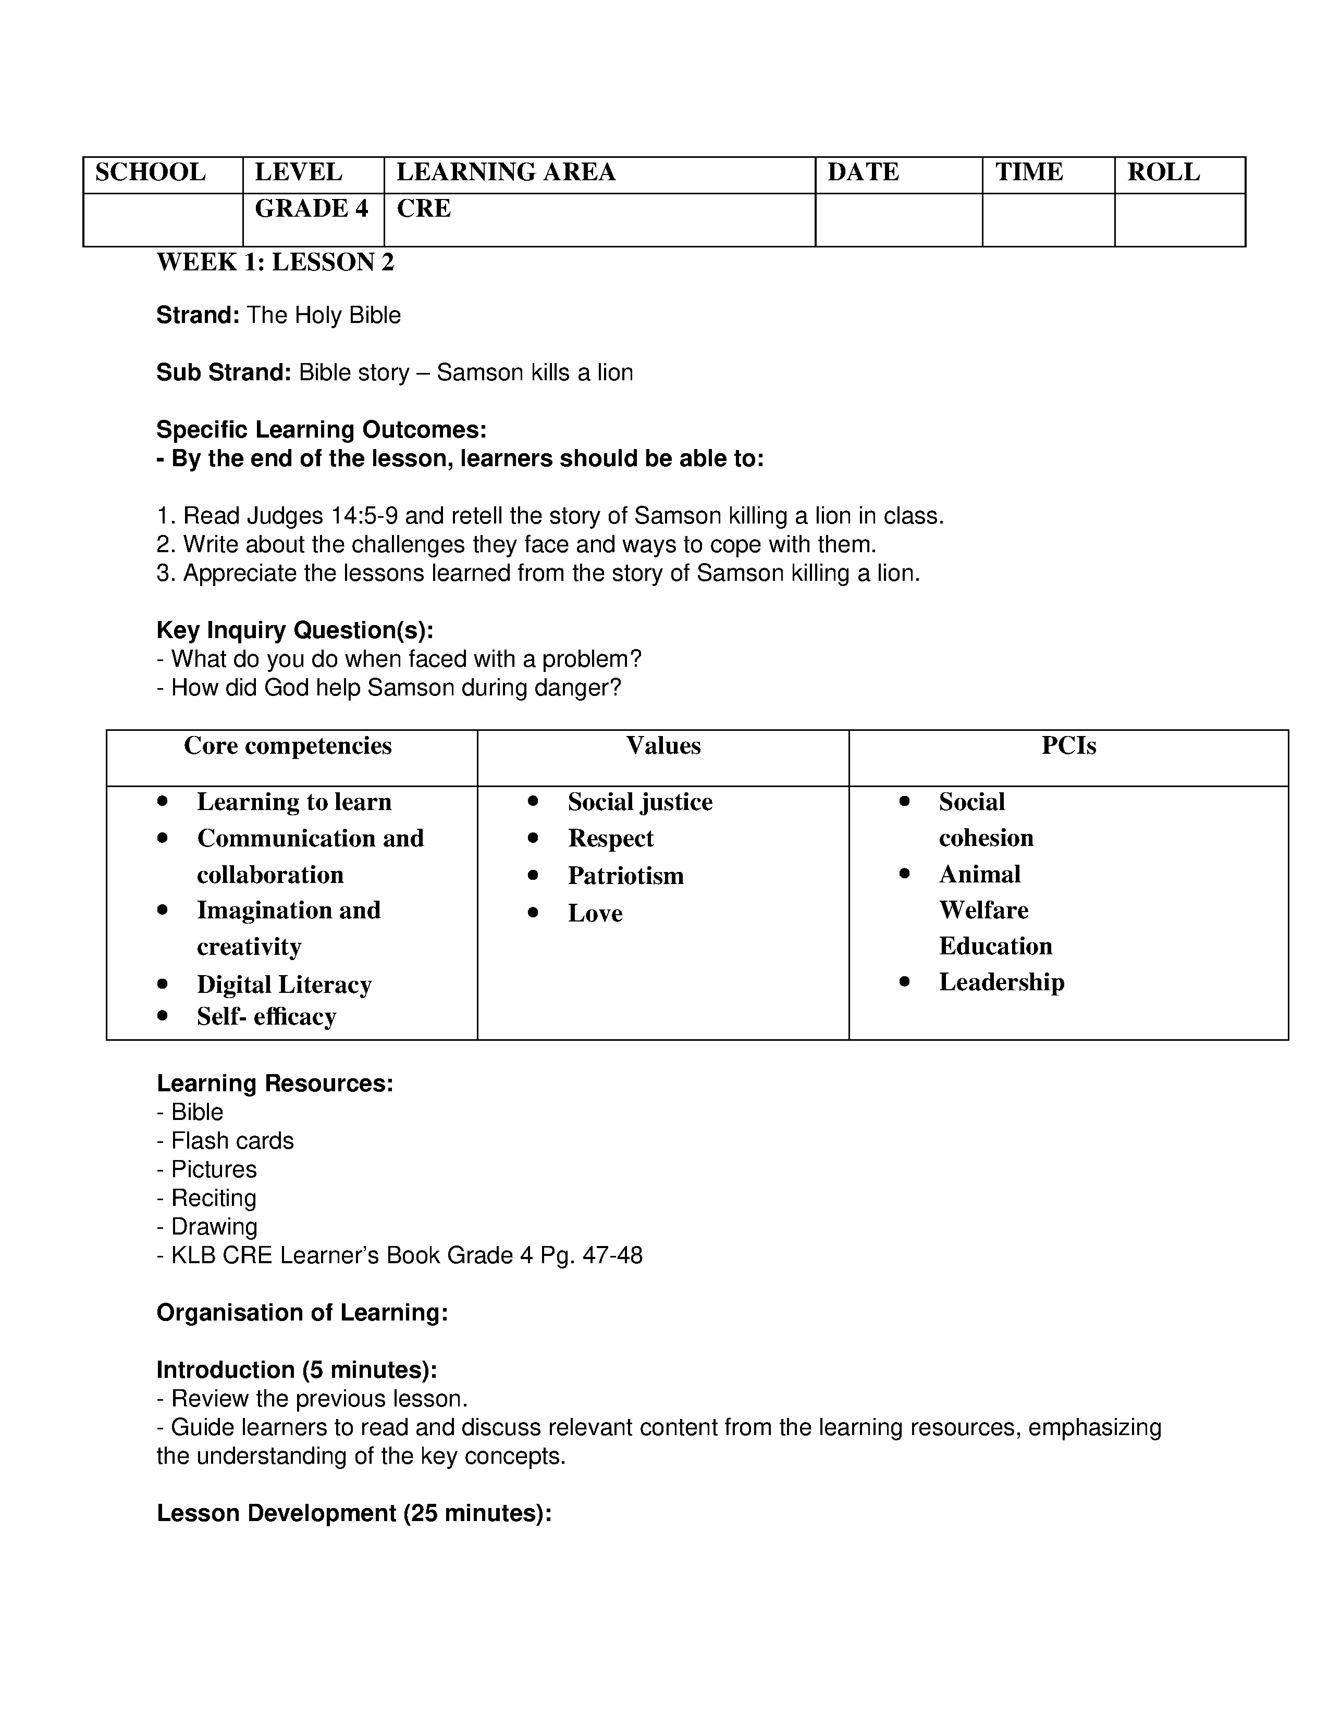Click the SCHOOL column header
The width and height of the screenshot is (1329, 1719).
coord(151,172)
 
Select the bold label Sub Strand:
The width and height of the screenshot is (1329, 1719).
coord(224,372)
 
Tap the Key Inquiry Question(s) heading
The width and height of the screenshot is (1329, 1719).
coord(294,630)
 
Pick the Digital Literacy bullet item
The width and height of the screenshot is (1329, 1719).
coord(284,985)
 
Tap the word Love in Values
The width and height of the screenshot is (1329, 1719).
coord(595,914)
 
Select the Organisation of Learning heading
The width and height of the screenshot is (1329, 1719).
coord(302,1313)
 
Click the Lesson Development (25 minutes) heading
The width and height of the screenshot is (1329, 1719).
coord(353,1514)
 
